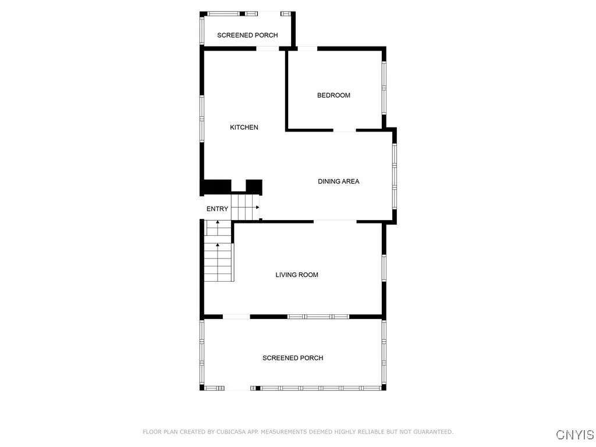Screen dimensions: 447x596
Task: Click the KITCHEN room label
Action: pos(244,127)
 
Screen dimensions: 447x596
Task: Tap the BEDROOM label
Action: pos(334,95)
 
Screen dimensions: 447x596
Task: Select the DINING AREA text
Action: pos(338,182)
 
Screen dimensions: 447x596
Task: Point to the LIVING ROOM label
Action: pos(297,275)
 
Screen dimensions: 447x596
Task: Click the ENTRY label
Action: pos(217,209)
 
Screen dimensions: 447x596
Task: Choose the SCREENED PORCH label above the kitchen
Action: pos(247,36)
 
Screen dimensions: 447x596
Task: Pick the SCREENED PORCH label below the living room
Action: pos(293,358)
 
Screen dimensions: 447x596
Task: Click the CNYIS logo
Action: pos(574,435)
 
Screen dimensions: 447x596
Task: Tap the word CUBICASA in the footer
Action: pos(230,432)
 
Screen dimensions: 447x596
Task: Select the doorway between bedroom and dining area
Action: pos(344,130)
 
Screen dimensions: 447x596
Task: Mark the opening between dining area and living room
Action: pos(335,221)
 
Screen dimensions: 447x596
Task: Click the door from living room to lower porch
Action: pos(236,317)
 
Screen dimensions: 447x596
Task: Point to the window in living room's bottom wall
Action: pos(318,317)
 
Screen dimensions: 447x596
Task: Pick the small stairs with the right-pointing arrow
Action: pos(245,207)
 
